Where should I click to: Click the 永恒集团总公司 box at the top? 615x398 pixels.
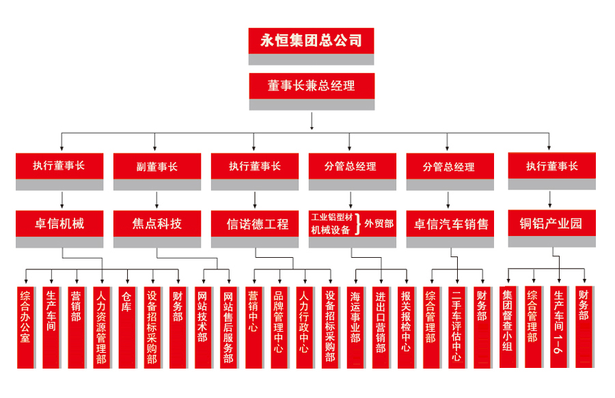[311, 40]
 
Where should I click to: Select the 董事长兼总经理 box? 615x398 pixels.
[312, 85]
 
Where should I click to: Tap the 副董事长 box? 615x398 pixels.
[157, 166]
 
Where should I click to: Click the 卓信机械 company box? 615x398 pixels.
[59, 223]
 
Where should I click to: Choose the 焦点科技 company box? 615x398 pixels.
[157, 224]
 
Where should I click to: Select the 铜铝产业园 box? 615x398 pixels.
[551, 223]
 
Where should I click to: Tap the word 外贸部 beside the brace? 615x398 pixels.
[379, 224]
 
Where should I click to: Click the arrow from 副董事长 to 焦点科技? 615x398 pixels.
[157, 200]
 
